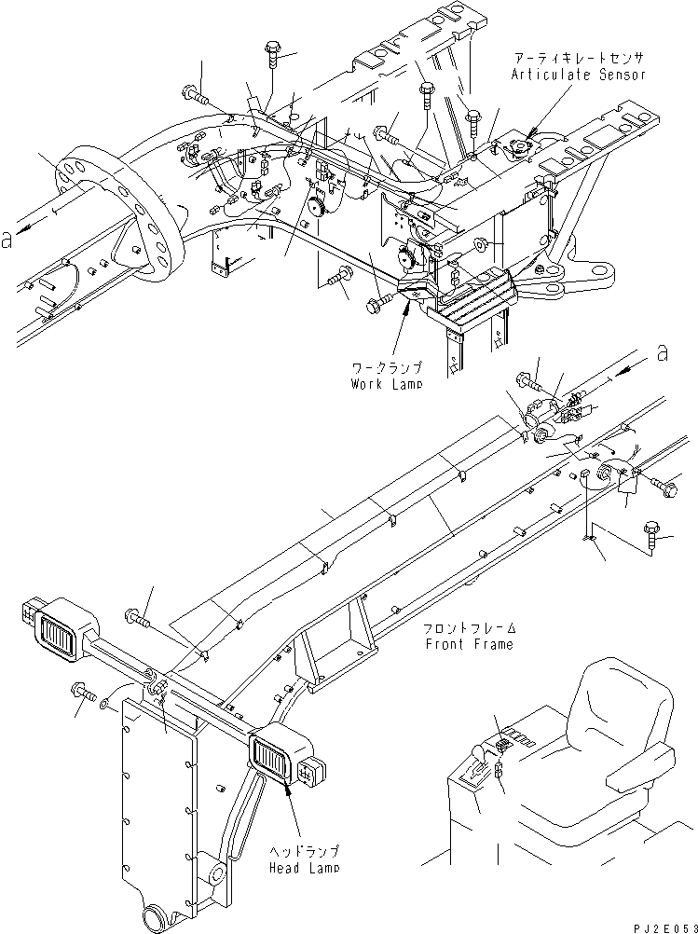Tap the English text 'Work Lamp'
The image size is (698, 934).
click(386, 383)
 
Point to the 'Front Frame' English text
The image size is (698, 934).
click(470, 644)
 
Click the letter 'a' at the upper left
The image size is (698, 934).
click(7, 240)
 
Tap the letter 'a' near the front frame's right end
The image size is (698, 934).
click(663, 354)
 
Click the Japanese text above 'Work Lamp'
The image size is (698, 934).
click(387, 367)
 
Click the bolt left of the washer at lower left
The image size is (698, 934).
click(83, 691)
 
